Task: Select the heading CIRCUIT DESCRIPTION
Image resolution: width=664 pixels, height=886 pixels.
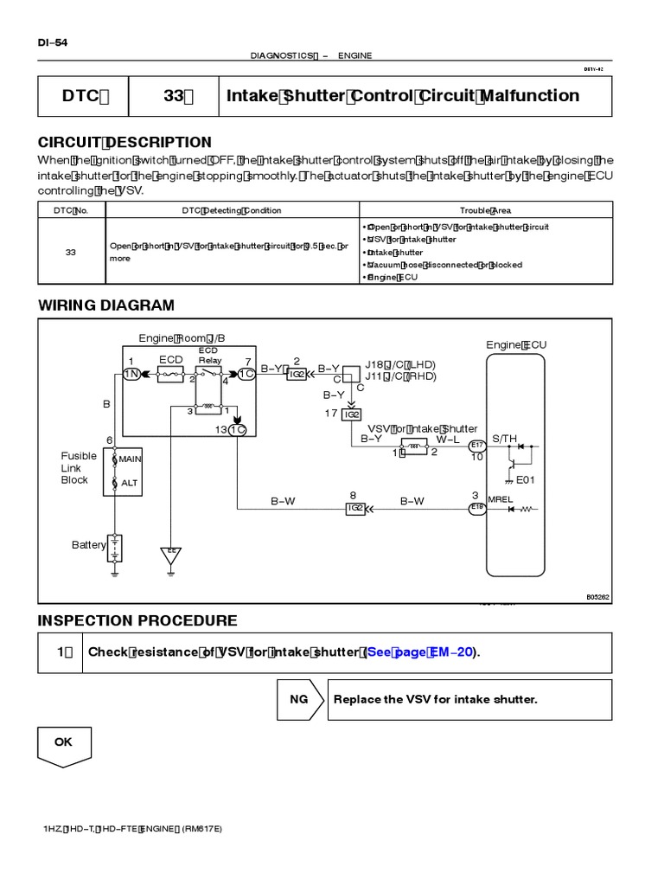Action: [x=124, y=142]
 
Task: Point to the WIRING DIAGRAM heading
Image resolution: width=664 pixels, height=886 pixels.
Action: [x=105, y=305]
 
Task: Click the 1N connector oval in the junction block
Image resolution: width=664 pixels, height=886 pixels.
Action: [x=131, y=373]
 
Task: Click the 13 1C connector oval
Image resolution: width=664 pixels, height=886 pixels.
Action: [x=239, y=430]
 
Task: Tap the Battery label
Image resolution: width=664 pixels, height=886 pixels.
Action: [x=89, y=545]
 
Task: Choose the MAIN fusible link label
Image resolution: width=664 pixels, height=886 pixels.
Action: [x=129, y=459]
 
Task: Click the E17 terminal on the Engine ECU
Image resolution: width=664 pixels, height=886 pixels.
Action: [x=476, y=446]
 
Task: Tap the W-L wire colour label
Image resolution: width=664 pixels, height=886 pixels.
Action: [x=447, y=440]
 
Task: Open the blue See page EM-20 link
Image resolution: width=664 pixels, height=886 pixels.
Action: [x=420, y=652]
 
